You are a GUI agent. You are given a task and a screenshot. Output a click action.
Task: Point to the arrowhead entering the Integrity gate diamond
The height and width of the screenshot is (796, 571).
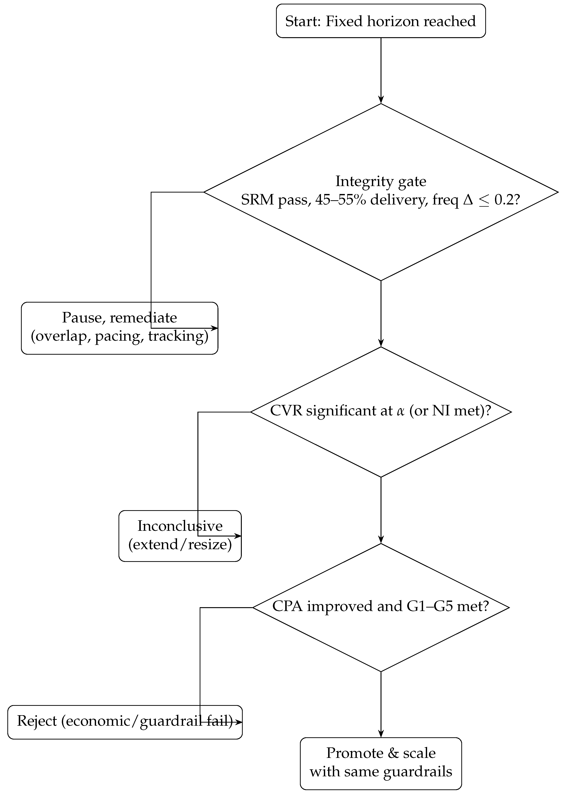coord(381,100)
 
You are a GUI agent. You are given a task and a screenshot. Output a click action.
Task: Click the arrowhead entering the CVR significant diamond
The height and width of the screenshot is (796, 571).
coord(381,343)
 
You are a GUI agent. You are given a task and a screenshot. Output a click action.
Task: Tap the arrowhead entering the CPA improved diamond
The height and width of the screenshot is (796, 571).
coord(381,539)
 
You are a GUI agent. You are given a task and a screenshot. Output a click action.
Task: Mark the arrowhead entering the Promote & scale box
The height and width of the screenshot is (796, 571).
coord(381,734)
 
